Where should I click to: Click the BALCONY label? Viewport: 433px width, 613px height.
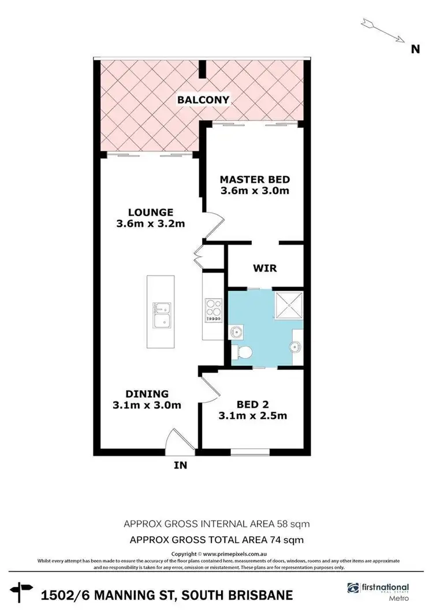[203, 100]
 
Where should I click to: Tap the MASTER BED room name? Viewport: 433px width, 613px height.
[255, 179]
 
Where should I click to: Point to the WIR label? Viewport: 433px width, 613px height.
[265, 268]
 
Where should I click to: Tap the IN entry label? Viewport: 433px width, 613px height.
[181, 465]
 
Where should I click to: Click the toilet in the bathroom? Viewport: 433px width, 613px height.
[241, 352]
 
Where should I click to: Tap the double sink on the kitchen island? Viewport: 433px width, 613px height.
[160, 316]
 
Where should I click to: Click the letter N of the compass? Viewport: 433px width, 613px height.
[415, 49]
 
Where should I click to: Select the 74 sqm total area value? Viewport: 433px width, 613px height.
[288, 540]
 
